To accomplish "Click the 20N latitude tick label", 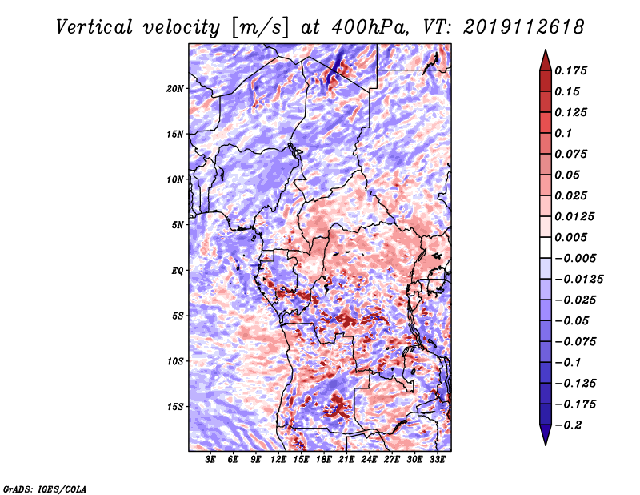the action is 175,89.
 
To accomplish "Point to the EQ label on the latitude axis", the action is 178,271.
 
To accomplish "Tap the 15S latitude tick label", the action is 175,407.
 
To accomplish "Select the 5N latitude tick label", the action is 178,225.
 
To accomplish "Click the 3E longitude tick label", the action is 210,460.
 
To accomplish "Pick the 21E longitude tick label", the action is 346,460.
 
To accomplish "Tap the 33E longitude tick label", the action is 437,460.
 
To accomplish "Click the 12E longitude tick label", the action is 278,460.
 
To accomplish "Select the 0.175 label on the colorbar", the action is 570,70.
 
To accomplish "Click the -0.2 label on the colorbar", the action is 568,425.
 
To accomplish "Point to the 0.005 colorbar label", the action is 570,237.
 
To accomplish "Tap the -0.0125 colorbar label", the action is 578,280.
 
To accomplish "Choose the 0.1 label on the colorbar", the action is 563,133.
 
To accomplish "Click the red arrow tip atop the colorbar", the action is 546,50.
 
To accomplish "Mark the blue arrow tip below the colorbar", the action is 546,445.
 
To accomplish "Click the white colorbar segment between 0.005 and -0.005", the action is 546,247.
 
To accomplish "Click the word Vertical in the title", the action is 94,27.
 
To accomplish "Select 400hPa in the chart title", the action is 370,27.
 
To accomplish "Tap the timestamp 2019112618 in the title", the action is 524,27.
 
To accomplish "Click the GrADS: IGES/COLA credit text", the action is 45,489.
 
